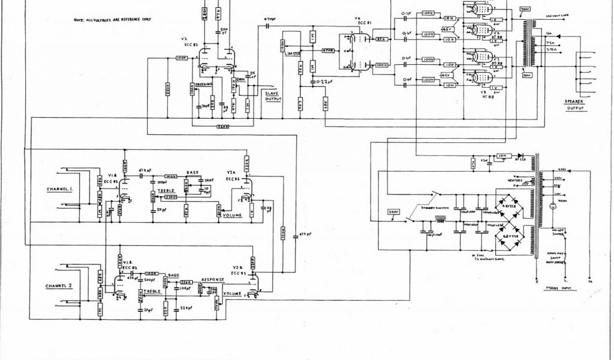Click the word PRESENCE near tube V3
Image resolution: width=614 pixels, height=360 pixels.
(x=207, y=85)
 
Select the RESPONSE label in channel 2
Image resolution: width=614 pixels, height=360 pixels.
(x=213, y=280)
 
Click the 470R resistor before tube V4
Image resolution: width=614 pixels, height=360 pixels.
(x=328, y=50)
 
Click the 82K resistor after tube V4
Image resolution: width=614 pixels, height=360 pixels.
(x=380, y=40)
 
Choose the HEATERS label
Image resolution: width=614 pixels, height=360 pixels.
(x=516, y=181)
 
